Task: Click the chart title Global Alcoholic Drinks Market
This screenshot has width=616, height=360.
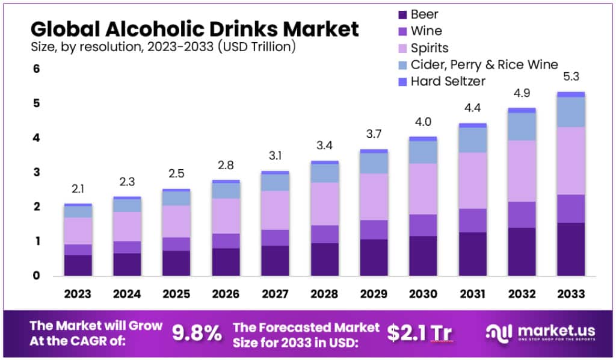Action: [x=194, y=28]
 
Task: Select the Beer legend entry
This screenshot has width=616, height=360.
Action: [x=425, y=14]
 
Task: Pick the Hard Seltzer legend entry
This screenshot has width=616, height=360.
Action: [x=448, y=81]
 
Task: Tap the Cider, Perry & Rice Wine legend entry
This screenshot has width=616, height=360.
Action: [x=484, y=64]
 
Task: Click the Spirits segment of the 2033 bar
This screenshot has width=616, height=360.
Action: [x=570, y=161]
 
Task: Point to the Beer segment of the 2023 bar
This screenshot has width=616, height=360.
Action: [x=78, y=265]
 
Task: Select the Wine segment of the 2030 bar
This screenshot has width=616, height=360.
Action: [x=423, y=225]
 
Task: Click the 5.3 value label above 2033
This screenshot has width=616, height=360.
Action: [x=570, y=77]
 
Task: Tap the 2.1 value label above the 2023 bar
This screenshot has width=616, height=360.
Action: [x=78, y=189]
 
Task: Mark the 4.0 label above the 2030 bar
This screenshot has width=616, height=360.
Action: [x=423, y=122]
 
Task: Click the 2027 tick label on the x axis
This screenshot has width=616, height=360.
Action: [x=275, y=294]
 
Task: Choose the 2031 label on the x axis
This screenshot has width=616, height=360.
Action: [x=472, y=294]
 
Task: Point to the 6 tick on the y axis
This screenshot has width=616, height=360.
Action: [x=36, y=69]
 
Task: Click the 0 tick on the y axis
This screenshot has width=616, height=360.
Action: [x=36, y=276]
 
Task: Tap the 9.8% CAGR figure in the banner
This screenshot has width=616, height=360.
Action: [x=196, y=333]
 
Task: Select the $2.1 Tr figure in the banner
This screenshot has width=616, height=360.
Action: [x=420, y=333]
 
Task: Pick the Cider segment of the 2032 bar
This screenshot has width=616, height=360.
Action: [x=522, y=126]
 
